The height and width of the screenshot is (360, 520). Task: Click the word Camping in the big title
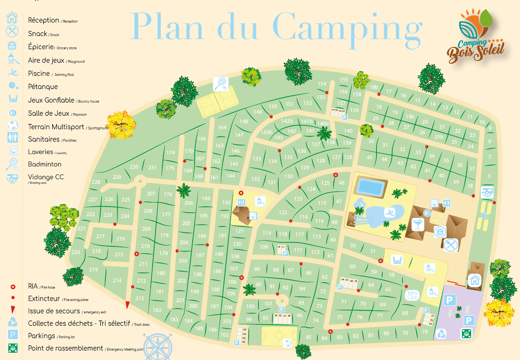click(347, 27)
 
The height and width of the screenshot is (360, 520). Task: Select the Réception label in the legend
click(44, 20)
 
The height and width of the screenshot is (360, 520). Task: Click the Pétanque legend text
click(43, 87)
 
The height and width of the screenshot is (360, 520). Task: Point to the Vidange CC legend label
click(46, 177)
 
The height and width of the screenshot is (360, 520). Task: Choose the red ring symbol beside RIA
click(13, 287)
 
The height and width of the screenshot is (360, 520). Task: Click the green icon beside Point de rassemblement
click(13, 348)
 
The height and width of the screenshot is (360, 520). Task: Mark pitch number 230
click(134, 167)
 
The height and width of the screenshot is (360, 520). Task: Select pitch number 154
click(322, 84)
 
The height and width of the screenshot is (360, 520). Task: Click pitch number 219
click(94, 269)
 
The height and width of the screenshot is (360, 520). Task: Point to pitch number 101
click(268, 304)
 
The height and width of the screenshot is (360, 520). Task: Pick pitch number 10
click(482, 122)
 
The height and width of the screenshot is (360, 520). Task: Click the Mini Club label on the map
click(413, 295)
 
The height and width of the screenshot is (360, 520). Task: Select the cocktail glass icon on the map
click(418, 225)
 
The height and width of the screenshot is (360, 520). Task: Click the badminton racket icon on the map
click(220, 84)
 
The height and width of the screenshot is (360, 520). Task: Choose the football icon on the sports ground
click(287, 343)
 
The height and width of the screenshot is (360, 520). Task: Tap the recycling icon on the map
click(441, 333)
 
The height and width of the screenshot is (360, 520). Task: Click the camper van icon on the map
click(487, 192)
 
